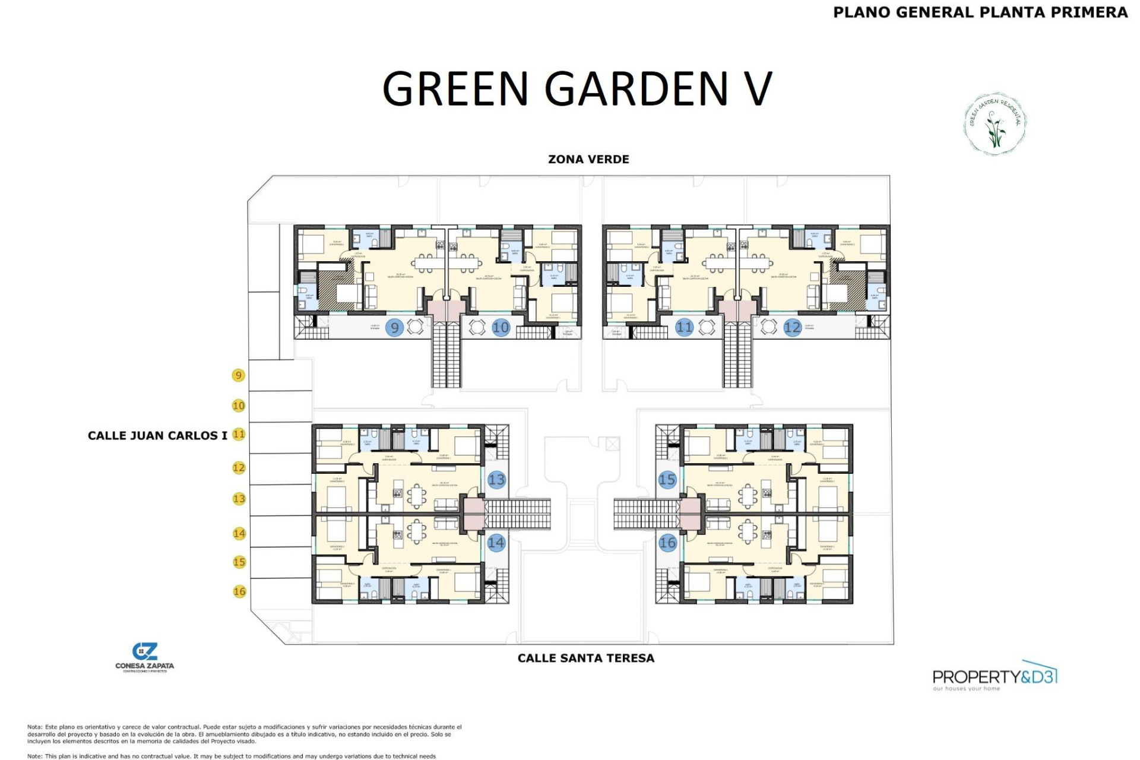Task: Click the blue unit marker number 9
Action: click(x=394, y=327)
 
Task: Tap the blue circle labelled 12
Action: click(x=792, y=327)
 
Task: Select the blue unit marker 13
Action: click(x=496, y=480)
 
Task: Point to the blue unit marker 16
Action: click(x=667, y=542)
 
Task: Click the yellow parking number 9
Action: click(x=238, y=375)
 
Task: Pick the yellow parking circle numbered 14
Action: click(x=239, y=533)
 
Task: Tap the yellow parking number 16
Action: click(x=239, y=591)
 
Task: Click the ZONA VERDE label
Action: click(x=588, y=159)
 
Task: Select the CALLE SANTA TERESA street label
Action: click(x=585, y=658)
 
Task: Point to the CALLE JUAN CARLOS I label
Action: click(x=157, y=436)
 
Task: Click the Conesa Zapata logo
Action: click(x=144, y=657)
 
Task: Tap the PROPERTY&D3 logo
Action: click(x=995, y=676)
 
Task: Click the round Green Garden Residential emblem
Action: click(x=995, y=123)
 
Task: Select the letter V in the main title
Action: click(x=757, y=89)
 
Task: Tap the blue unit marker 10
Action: click(x=501, y=327)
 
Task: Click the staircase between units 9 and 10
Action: click(x=446, y=356)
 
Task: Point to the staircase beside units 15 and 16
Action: click(x=646, y=514)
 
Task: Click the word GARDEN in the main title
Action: click(x=635, y=89)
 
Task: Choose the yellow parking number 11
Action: click(x=239, y=434)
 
